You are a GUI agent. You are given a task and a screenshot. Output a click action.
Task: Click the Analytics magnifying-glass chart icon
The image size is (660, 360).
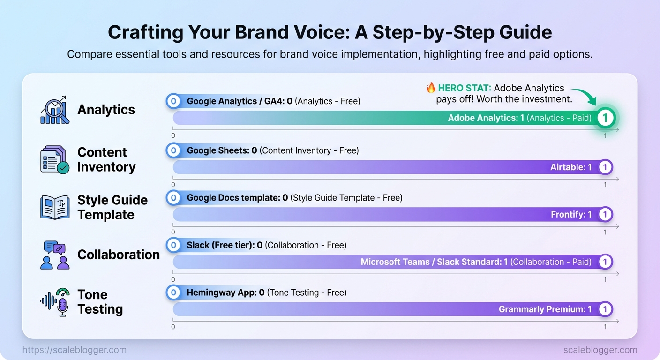[55, 110]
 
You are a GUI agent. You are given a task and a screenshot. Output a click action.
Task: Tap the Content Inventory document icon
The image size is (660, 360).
[55, 159]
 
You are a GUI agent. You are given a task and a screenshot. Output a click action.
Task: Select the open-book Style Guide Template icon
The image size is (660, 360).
[55, 207]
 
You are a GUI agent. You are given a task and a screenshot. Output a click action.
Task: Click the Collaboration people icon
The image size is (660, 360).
[55, 255]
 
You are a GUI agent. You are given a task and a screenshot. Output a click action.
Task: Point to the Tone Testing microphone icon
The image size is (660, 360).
[55, 302]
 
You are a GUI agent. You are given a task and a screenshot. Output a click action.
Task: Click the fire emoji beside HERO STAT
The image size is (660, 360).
[431, 88]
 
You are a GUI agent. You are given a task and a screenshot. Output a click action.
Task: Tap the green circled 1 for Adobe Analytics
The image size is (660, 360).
[605, 118]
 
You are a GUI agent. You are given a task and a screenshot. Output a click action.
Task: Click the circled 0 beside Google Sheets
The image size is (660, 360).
[173, 150]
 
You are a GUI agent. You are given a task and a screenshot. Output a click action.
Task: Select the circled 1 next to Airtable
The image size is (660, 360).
[605, 167]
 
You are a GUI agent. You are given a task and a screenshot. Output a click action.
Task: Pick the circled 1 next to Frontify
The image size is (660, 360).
[605, 214]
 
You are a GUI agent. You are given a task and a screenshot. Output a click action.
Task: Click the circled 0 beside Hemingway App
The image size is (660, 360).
[173, 292]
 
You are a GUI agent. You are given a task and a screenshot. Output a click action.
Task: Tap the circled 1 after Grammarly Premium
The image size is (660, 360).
[605, 309]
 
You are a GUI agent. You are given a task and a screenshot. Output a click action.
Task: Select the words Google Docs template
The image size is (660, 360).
[233, 198]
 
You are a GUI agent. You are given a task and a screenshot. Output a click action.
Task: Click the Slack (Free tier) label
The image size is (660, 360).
[220, 245]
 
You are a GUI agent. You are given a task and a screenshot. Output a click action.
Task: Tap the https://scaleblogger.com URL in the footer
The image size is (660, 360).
[74, 350]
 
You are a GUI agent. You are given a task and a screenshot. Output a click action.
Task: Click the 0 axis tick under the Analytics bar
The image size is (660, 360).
[173, 135]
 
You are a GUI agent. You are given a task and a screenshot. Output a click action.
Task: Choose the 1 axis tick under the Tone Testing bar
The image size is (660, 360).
[605, 327]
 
